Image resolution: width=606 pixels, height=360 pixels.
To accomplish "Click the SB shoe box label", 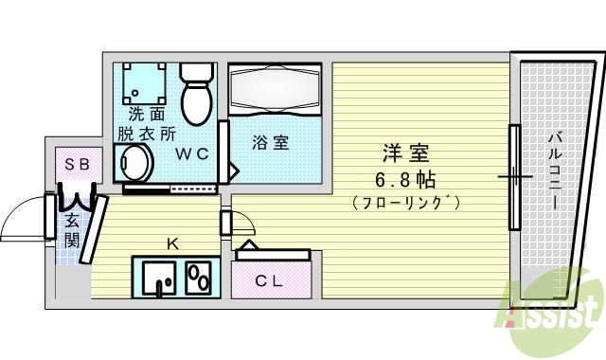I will pyautogui.click(x=77, y=164).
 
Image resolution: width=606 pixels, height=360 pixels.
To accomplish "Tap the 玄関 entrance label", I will pyautogui.click(x=72, y=230).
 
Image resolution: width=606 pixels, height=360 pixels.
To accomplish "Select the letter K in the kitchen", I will pyautogui.click(x=171, y=243).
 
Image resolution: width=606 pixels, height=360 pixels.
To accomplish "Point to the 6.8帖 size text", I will pyautogui.click(x=404, y=177).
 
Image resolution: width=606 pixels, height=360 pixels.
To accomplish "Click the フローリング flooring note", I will pyautogui.click(x=404, y=201).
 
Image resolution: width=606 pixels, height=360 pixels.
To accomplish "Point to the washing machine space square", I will pyautogui.click(x=143, y=84).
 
